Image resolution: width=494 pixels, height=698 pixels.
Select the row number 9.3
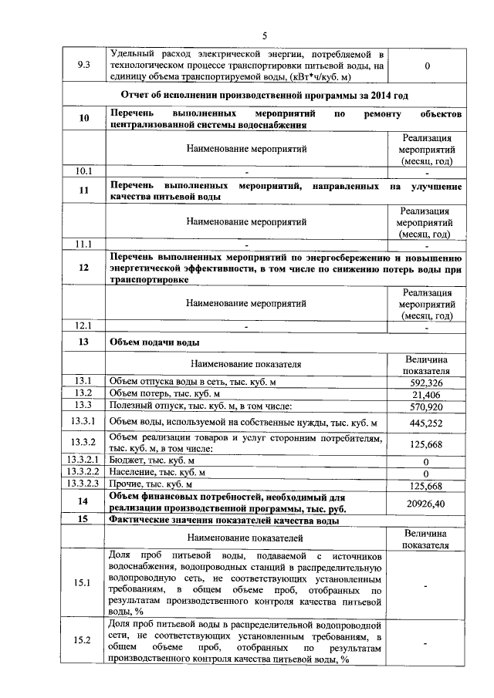coord(84,66)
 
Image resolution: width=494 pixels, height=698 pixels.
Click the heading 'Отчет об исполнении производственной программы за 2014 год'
coord(264,95)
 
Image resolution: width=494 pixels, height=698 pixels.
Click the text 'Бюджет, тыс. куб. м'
coord(151,460)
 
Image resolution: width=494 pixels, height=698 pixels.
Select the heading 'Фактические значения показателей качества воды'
coord(225,520)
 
